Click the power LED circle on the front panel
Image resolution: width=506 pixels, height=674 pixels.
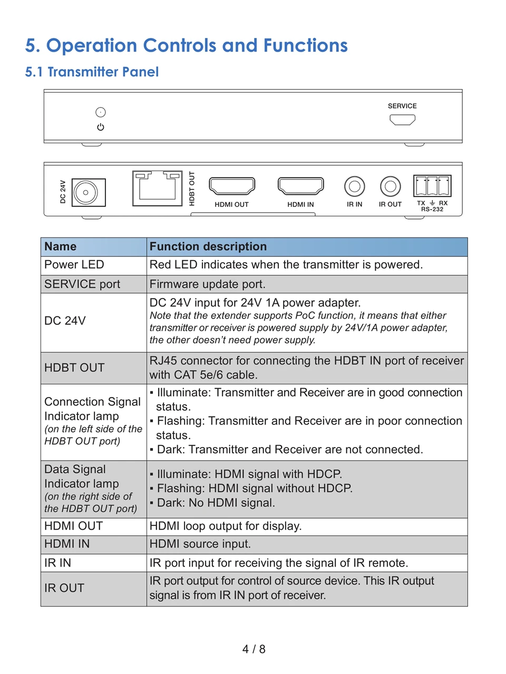click(x=101, y=112)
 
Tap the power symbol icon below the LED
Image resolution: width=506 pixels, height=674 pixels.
click(x=101, y=127)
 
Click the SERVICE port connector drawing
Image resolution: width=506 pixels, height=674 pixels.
click(x=402, y=120)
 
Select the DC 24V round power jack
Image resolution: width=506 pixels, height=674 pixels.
click(x=86, y=193)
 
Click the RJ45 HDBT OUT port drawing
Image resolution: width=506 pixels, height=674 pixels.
click(x=157, y=188)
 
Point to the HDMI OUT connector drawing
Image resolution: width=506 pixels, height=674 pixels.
click(x=232, y=186)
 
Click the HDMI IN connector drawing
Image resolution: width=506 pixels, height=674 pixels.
click(x=300, y=186)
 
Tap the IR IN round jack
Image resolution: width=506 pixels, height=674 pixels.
click(x=355, y=186)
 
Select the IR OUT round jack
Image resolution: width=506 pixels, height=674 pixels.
click(x=391, y=186)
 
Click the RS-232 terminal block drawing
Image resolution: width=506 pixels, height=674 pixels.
click(x=432, y=186)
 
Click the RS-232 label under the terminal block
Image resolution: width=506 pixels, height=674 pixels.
click(x=432, y=210)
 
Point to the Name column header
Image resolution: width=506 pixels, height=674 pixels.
click(x=61, y=247)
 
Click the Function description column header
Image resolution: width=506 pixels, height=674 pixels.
click(x=208, y=247)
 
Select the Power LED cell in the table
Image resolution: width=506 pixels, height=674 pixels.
click(x=74, y=265)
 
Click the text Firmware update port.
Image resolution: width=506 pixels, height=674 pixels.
click(x=208, y=284)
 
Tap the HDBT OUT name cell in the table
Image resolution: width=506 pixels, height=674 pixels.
click(x=74, y=368)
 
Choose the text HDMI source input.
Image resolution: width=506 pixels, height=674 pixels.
click(x=200, y=544)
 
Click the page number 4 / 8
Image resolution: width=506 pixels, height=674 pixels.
click(x=254, y=649)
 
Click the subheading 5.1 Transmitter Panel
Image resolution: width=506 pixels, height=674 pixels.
click(x=92, y=72)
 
